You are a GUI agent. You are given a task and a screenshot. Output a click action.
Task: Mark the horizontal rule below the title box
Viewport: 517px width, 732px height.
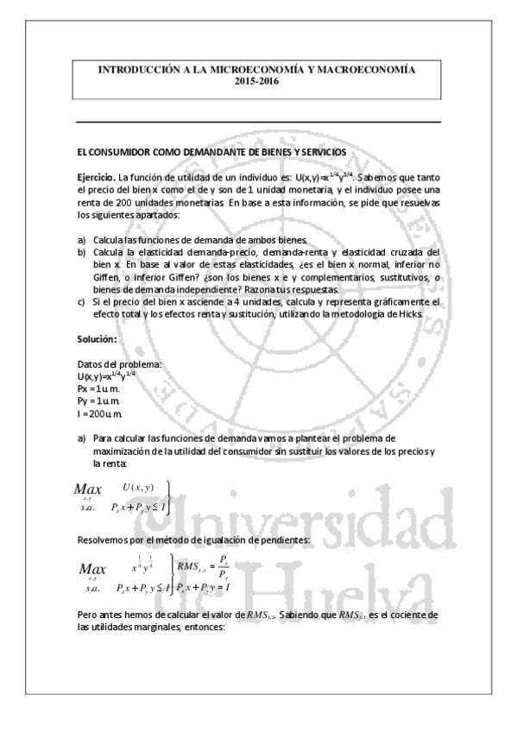258,123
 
